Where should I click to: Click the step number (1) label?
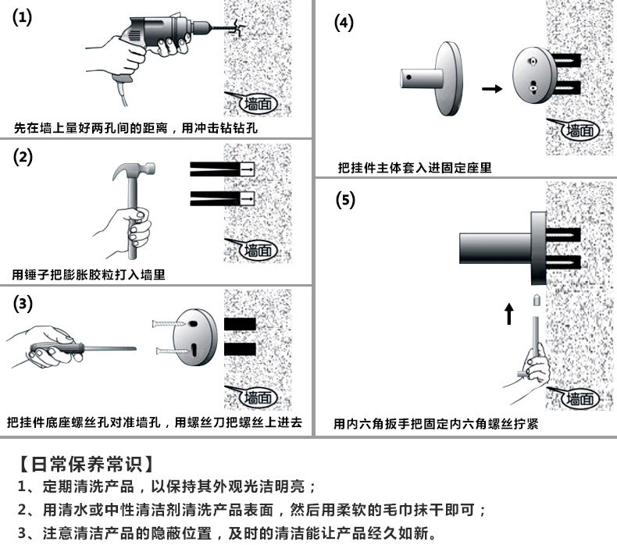[23, 19]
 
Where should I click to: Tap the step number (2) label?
[23, 156]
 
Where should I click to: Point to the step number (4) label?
[344, 23]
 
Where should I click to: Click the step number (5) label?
[344, 199]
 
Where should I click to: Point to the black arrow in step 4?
[492, 88]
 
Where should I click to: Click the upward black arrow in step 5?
[508, 313]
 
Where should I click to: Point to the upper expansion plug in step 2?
[222, 169]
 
